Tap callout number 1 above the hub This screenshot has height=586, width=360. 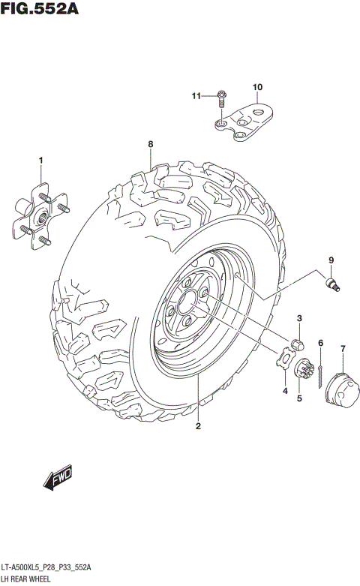click(x=41, y=160)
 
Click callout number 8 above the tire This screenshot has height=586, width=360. click(x=150, y=144)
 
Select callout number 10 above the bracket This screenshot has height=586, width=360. click(x=257, y=88)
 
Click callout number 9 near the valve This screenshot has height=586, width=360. click(x=328, y=260)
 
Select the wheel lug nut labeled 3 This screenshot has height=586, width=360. click(x=297, y=344)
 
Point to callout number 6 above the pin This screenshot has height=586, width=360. click(x=320, y=343)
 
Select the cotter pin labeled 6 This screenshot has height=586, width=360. click(x=321, y=373)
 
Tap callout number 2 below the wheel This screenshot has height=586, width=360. click(x=198, y=428)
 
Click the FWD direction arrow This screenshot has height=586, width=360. click(x=57, y=478)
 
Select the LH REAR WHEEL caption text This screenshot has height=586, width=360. click(x=31, y=579)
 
